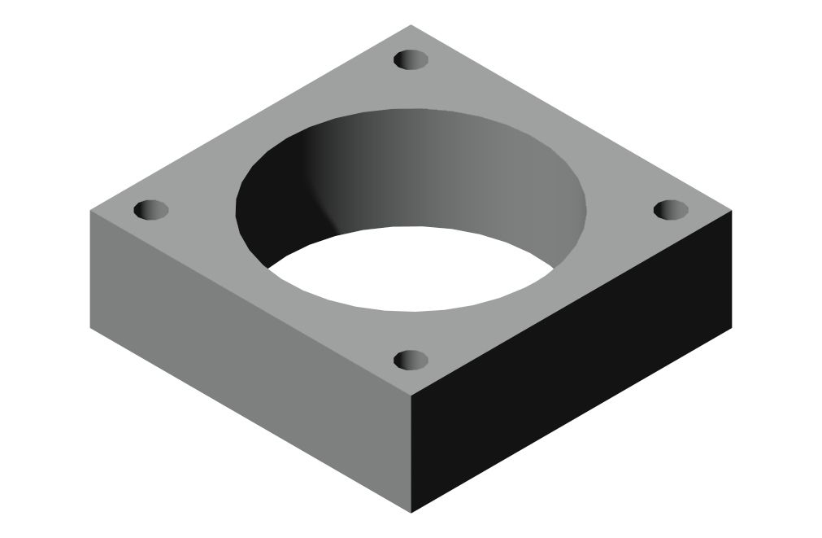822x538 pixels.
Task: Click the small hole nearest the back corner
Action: pyautogui.click(x=411, y=59)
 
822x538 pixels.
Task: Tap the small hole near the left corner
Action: pyautogui.click(x=150, y=210)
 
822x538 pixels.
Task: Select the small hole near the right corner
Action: pyautogui.click(x=671, y=210)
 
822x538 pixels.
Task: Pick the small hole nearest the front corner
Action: pyautogui.click(x=411, y=359)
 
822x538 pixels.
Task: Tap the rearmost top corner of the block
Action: pyautogui.click(x=411, y=25)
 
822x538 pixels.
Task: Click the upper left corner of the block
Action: pyautogui.click(x=89, y=211)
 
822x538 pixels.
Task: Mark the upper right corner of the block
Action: pyautogui.click(x=733, y=211)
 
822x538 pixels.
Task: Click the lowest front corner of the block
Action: pyautogui.click(x=411, y=513)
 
